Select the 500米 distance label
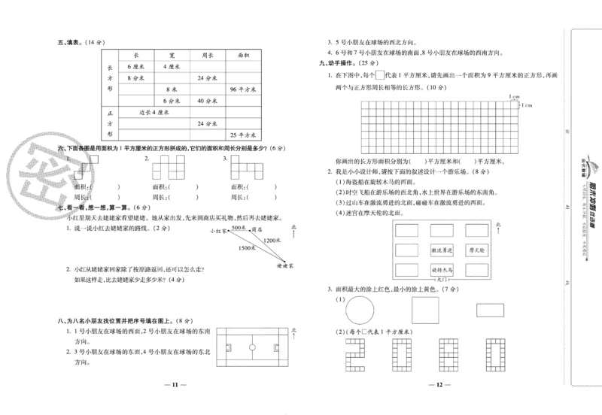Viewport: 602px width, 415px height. pyautogui.click(x=239, y=226)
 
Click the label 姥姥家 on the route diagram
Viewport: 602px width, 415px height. pyautogui.click(x=284, y=265)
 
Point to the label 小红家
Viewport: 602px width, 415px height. pyautogui.click(x=220, y=231)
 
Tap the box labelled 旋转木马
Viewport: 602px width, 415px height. pyautogui.click(x=442, y=268)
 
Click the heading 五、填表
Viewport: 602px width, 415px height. pyautogui.click(x=73, y=42)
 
